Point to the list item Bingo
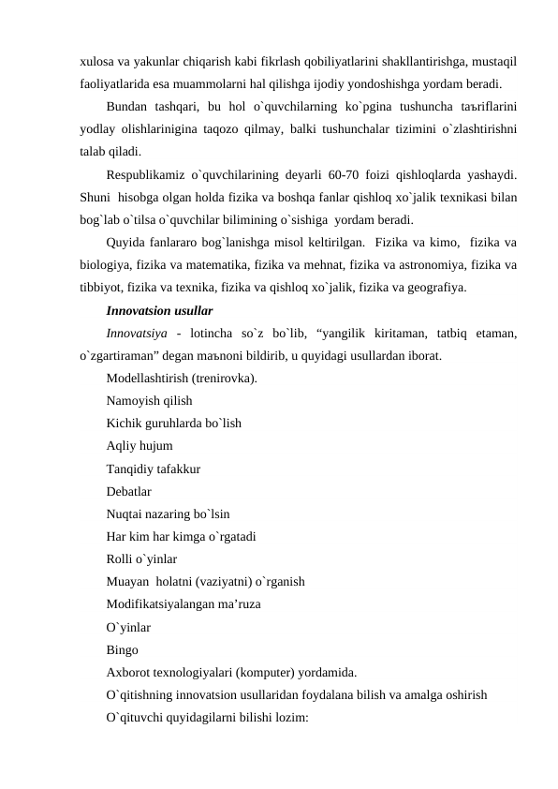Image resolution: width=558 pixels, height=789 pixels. coord(123,650)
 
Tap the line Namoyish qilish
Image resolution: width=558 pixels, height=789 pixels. coord(150,400)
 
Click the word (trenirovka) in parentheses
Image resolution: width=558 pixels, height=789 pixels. coord(225,378)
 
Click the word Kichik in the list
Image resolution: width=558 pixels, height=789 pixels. coord(125,423)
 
